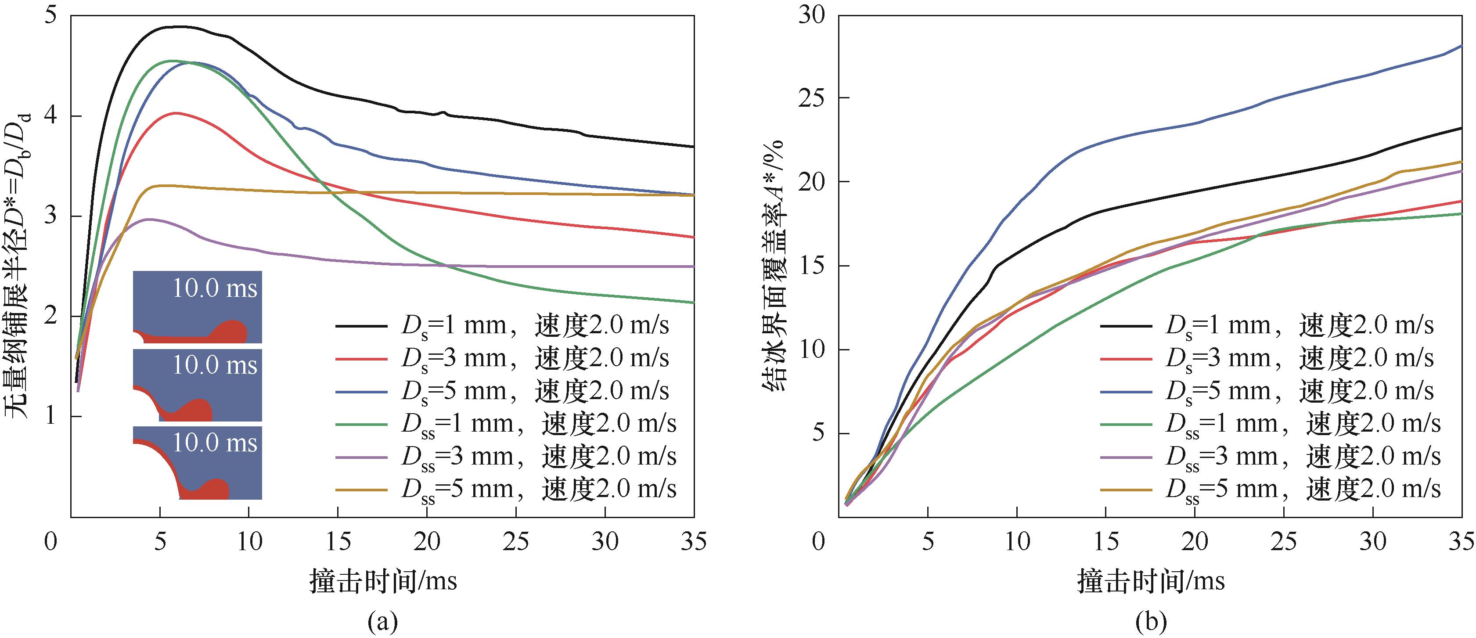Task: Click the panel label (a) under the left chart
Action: [383, 621]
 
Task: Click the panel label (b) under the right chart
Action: [1151, 621]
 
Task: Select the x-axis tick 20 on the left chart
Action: [426, 541]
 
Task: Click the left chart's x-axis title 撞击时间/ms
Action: [383, 580]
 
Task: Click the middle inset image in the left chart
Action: [197, 385]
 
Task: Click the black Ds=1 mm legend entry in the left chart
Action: [501, 326]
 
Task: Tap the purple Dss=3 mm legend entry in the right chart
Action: [1270, 457]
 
